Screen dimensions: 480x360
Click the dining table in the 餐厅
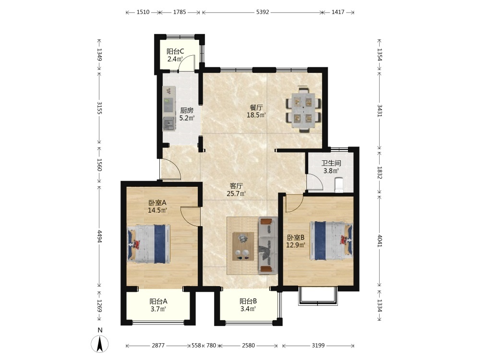[x=304, y=109]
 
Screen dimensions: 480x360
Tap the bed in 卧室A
[x=148, y=244]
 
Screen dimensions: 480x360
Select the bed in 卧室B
[x=331, y=240]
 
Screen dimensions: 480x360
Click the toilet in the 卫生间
[x=338, y=185]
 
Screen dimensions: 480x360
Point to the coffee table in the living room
[x=243, y=246]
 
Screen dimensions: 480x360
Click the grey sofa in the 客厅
[x=267, y=245]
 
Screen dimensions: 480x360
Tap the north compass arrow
[x=100, y=344]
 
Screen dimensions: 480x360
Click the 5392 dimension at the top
[x=263, y=12]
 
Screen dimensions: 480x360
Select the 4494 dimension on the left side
[x=99, y=236]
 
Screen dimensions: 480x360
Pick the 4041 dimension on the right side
[x=380, y=240]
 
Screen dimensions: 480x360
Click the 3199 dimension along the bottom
[x=318, y=346]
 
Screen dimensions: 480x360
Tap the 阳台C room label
[x=175, y=51]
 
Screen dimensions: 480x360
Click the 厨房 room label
[x=186, y=110]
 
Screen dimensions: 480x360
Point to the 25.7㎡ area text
[x=236, y=193]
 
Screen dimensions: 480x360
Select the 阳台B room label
[x=248, y=301]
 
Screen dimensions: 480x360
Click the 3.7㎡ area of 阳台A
[x=158, y=309]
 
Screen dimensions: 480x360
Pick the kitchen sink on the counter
[x=169, y=124]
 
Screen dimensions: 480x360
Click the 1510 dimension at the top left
[x=143, y=12]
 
